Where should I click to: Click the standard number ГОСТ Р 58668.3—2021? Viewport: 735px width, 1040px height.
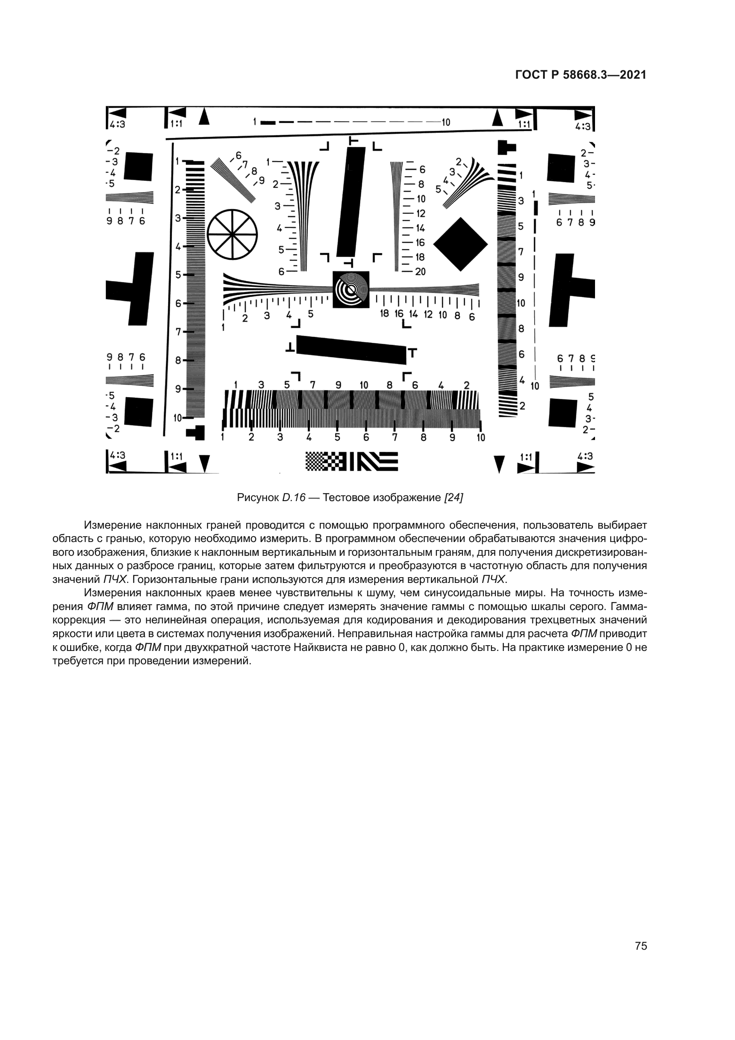tap(581, 75)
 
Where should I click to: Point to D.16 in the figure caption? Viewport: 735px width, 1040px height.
tap(294, 498)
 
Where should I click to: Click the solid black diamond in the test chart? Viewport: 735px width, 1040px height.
tap(460, 244)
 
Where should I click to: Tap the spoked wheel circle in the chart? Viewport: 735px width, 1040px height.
tap(232, 234)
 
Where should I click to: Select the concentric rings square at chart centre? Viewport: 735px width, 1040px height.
tap(351, 289)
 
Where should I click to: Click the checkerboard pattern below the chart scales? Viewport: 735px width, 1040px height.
tap(326, 462)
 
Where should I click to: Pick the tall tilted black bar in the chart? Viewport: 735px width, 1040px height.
tap(351, 201)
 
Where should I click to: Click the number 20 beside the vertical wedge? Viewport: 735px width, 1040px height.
tap(420, 271)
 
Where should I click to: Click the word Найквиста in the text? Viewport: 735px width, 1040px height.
tap(316, 647)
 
